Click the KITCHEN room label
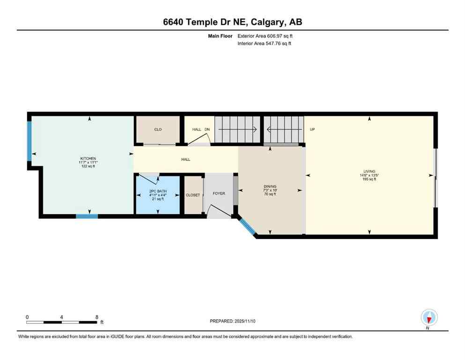[88, 158]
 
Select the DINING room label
[270, 187]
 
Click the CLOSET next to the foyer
[192, 195]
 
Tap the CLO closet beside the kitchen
[158, 129]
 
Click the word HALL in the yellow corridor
[186, 159]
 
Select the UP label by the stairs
[312, 129]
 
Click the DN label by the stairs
[207, 129]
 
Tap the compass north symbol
[429, 318]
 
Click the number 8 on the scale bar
[96, 317]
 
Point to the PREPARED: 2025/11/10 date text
[233, 321]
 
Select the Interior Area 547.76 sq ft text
[265, 44]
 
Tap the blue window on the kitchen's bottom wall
[87, 216]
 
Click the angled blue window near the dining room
[246, 226]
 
